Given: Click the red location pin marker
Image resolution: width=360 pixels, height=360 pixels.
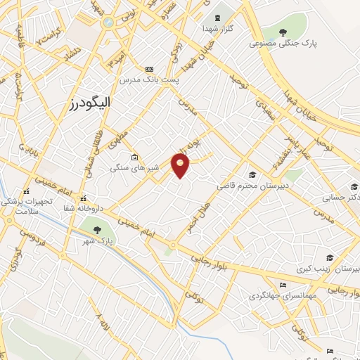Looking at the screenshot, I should [181, 166].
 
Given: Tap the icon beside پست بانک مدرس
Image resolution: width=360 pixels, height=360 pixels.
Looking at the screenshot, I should [148, 69].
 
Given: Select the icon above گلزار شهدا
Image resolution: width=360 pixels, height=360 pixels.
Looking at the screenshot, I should [217, 15].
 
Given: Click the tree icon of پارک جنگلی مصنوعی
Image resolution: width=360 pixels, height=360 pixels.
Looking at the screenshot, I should [283, 32].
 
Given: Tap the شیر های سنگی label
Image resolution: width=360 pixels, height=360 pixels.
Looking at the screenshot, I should [130, 169].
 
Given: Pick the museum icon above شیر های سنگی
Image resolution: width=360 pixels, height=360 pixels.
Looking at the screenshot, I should [134, 157].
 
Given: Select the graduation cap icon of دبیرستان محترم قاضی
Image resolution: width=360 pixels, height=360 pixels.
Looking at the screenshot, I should [252, 174].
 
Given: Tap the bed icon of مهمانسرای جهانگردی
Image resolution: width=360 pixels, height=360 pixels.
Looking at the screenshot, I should [282, 284].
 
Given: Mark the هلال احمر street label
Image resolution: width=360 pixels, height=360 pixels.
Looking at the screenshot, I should [197, 213].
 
